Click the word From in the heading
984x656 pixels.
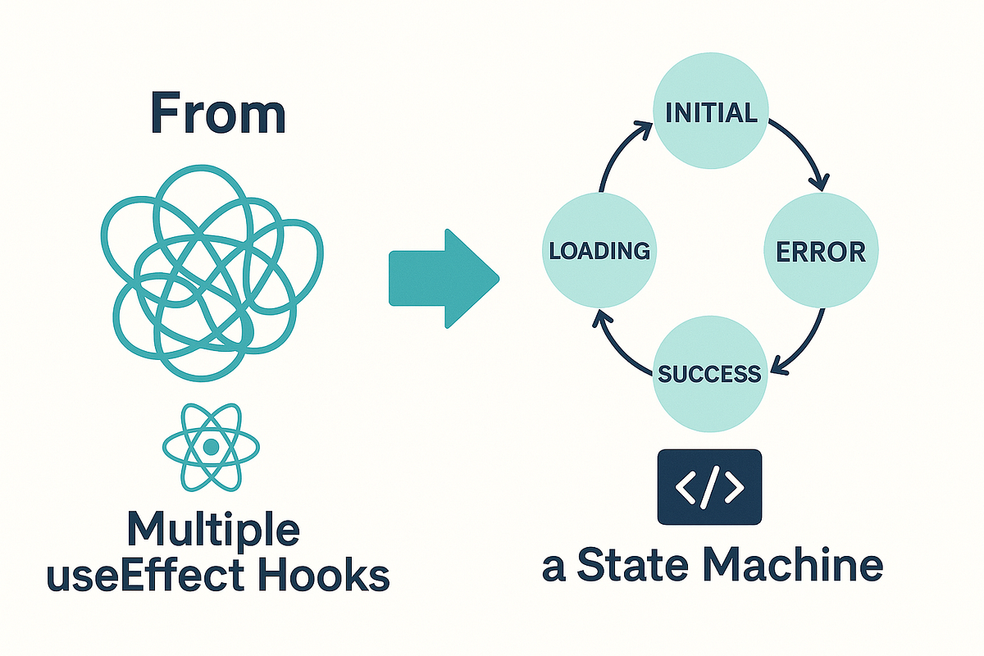218,114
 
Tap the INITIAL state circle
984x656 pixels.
710,112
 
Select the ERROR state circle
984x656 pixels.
821,250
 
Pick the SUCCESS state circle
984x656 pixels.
710,374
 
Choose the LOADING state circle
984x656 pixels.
599,250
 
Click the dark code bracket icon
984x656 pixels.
710,486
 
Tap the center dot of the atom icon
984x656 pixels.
212,446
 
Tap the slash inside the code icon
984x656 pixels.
710,486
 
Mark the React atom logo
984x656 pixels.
212,446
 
